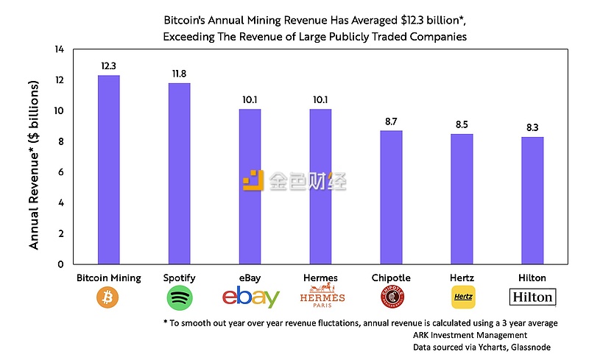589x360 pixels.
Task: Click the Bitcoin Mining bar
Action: (109, 169)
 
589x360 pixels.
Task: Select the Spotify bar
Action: (180, 174)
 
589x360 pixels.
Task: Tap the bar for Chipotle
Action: (391, 197)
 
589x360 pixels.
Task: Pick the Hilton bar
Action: (532, 200)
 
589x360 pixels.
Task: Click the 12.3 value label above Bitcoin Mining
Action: (109, 66)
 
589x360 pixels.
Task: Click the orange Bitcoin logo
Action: (109, 297)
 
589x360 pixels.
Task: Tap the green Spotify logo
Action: (180, 297)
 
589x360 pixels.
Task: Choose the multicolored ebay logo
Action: (250, 297)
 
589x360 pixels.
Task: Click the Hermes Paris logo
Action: (320, 297)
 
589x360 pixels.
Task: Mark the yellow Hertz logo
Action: (462, 297)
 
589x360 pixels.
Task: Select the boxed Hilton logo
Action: (532, 297)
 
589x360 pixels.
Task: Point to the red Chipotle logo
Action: (391, 297)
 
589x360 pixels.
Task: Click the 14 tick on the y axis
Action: (59, 49)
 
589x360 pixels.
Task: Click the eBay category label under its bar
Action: (250, 278)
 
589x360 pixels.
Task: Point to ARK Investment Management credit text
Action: (470, 335)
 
